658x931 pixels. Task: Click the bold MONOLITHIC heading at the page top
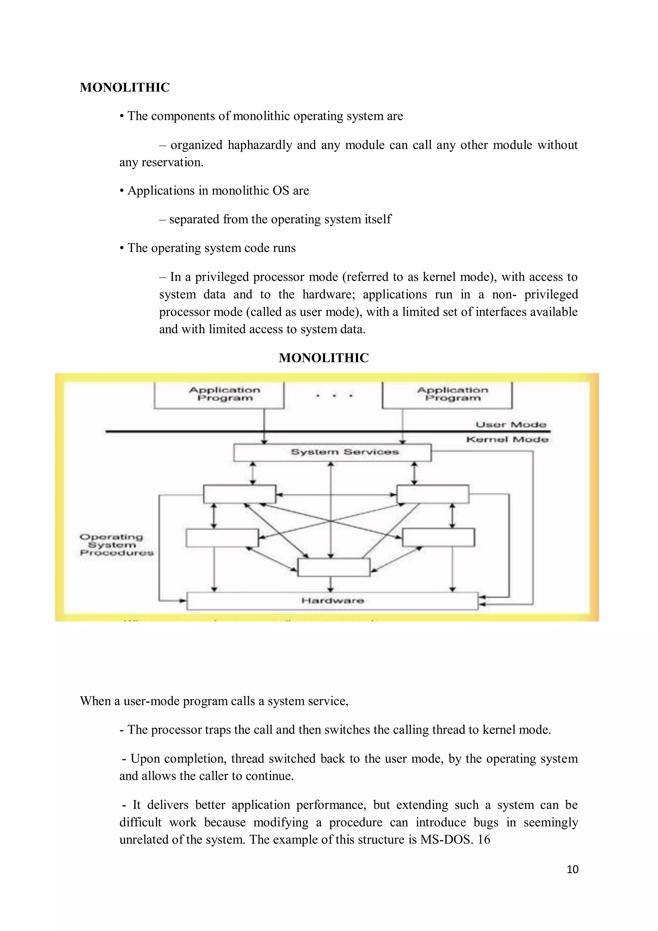124,87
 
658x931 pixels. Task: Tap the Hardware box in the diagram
332,601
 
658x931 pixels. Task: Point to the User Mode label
511,425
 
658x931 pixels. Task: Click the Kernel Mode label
507,439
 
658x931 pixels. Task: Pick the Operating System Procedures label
116,545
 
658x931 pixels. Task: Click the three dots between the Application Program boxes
334,395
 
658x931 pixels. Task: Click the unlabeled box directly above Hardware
333,567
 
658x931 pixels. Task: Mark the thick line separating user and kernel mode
284,431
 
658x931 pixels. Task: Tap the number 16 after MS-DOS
484,839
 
